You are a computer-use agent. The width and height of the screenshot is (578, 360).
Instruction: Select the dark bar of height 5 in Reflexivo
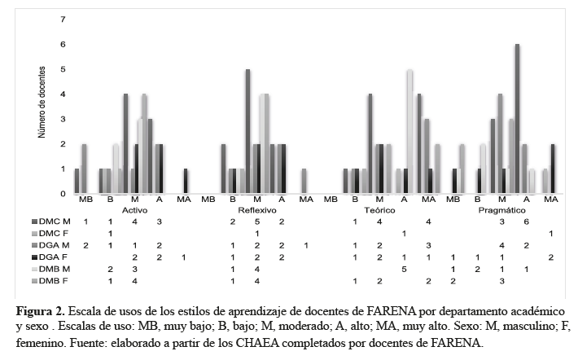pyautogui.click(x=247, y=130)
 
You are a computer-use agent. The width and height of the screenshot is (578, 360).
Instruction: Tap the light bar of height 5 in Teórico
pyautogui.click(x=409, y=130)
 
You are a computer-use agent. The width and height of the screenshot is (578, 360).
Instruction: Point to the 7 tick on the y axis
pyautogui.click(x=63, y=19)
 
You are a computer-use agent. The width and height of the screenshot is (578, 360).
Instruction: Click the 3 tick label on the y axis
pyautogui.click(x=63, y=119)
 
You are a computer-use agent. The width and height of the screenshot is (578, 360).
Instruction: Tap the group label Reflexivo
pyautogui.click(x=256, y=209)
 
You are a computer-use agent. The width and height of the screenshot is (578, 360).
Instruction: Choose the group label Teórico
pyautogui.click(x=379, y=209)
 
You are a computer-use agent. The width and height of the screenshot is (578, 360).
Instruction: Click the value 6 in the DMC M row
pyautogui.click(x=526, y=222)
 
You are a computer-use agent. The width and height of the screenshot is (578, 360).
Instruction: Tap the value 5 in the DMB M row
pyautogui.click(x=404, y=269)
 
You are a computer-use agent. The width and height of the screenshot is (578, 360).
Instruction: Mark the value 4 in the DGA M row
pyautogui.click(x=501, y=245)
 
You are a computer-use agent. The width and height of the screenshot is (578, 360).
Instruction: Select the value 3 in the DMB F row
pyautogui.click(x=501, y=280)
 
